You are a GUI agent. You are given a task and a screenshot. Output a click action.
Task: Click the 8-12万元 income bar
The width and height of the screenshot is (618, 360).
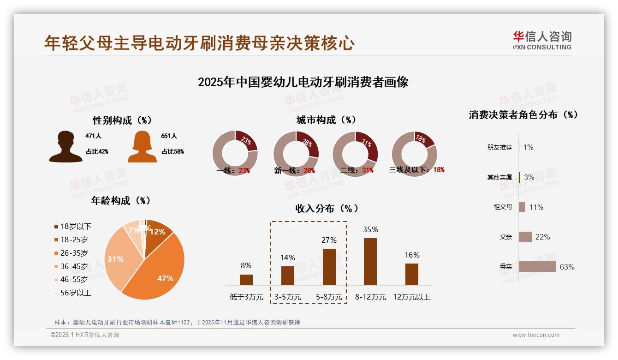pos(370,262)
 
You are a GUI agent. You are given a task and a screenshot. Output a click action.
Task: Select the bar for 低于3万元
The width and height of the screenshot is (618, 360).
pos(246,280)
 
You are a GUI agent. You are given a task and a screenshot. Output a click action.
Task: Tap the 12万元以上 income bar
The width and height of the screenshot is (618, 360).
pos(412,274)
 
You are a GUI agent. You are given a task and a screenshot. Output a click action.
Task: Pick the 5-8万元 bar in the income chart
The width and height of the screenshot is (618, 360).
pos(329,267)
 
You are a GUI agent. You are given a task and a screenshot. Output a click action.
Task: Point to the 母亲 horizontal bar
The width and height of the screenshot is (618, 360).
pos(537,267)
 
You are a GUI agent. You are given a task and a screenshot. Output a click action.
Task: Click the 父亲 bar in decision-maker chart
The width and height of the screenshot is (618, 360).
pos(525,237)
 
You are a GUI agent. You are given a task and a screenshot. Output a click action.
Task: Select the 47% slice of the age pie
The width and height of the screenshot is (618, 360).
pos(159,272)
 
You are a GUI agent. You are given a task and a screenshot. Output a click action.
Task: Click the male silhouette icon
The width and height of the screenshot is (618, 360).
pos(65,146)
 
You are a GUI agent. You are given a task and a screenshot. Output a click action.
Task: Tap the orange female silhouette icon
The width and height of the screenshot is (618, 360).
pos(142,146)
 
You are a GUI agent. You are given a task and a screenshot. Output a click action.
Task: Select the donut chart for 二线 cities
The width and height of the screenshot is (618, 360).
pos(355,154)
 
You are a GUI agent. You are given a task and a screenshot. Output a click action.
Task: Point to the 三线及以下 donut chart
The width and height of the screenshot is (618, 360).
pos(414,154)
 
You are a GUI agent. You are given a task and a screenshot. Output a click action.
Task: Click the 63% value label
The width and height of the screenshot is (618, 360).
pos(567,267)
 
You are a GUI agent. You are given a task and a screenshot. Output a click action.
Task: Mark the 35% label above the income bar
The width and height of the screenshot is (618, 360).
pos(370,229)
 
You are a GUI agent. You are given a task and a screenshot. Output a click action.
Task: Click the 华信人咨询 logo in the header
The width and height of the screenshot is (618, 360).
pos(542,40)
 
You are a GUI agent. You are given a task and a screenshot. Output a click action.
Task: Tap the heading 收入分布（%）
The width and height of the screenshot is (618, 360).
pos(327,208)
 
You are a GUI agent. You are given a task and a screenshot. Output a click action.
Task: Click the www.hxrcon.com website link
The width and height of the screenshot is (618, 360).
pos(536,335)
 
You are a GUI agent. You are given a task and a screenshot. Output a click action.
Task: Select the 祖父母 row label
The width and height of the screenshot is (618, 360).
pos(503,207)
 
